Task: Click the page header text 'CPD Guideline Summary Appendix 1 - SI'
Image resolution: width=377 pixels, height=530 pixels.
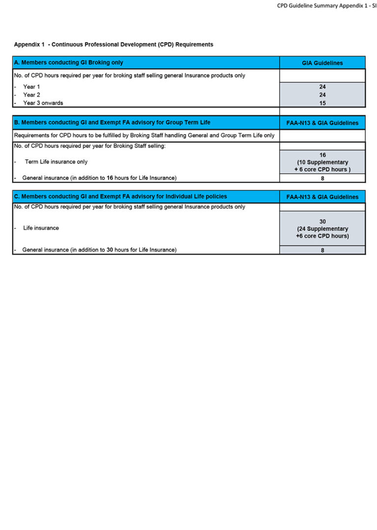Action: coord(326,5)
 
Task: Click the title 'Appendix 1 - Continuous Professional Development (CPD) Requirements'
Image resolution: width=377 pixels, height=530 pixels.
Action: coord(113,45)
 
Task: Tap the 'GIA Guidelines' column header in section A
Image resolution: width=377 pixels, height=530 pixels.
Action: coord(323,63)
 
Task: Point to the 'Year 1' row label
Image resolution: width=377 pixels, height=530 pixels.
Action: coord(31,87)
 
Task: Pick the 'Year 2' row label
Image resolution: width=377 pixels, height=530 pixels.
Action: coord(31,95)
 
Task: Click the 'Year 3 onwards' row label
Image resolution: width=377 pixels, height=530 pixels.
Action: coord(43,103)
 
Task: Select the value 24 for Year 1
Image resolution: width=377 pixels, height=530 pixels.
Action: coord(323,87)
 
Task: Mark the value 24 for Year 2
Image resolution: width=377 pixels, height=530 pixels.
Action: coord(323,95)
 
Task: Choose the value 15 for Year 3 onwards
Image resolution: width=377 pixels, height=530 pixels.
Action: coord(323,103)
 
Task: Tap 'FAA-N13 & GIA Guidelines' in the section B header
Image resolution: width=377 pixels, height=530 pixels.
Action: coord(323,123)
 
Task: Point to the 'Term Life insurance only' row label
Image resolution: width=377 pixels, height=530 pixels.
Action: coord(56,162)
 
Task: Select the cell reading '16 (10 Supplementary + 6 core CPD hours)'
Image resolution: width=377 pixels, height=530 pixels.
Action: coord(323,162)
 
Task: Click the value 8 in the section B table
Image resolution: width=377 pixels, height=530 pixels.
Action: coord(323,179)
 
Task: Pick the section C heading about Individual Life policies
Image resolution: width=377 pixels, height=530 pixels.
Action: coord(120,196)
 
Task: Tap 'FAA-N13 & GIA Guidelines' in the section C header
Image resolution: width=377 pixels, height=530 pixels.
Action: coord(323,197)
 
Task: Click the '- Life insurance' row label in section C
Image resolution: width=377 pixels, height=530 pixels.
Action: coord(41,228)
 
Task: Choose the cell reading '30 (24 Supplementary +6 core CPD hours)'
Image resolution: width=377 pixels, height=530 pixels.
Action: coord(323,229)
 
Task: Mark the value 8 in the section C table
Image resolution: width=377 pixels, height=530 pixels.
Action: coord(323,250)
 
